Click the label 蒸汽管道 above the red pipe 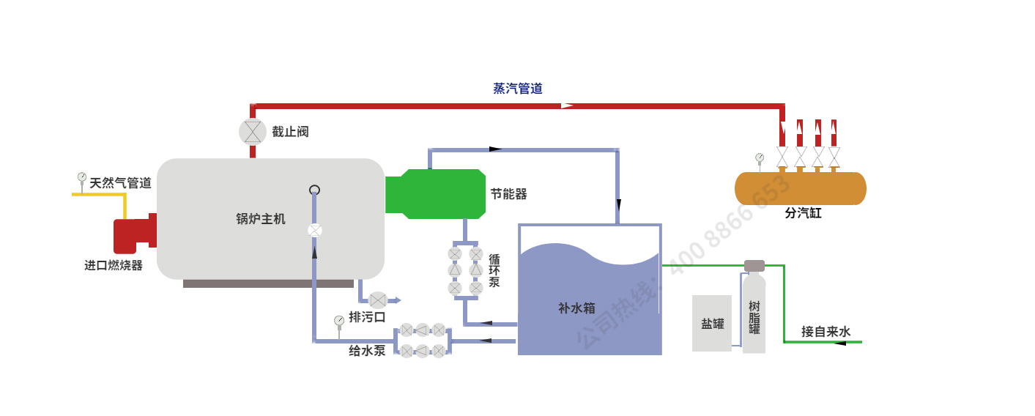[x=518, y=89]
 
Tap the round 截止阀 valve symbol [x=253, y=132]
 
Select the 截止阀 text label [x=290, y=132]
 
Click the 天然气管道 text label [x=120, y=183]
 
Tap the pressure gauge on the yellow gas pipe [x=82, y=178]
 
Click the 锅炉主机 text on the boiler [x=261, y=218]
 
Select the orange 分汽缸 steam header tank [x=800, y=188]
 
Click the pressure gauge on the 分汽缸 [x=760, y=158]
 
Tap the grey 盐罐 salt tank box [x=712, y=323]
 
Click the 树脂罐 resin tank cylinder [x=754, y=315]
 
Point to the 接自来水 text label [x=826, y=332]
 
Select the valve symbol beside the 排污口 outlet [x=377, y=300]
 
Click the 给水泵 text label [x=367, y=351]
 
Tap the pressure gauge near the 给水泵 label [x=339, y=321]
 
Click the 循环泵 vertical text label [x=494, y=270]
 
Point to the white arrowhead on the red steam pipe [x=567, y=105]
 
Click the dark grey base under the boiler [x=268, y=283]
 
